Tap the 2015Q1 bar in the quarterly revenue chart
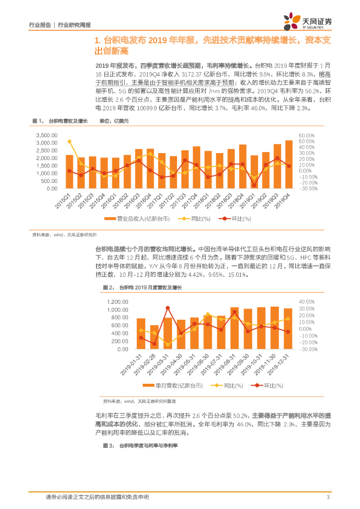[70, 172]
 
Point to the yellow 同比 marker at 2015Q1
[70, 142]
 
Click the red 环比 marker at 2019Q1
[255, 185]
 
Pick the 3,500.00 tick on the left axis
[47, 135]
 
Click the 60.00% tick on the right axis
[307, 135]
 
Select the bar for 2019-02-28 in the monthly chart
[155, 338]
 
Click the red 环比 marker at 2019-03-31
[168, 308]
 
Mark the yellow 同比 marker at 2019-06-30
[208, 314]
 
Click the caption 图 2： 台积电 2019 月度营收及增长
[142, 287]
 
